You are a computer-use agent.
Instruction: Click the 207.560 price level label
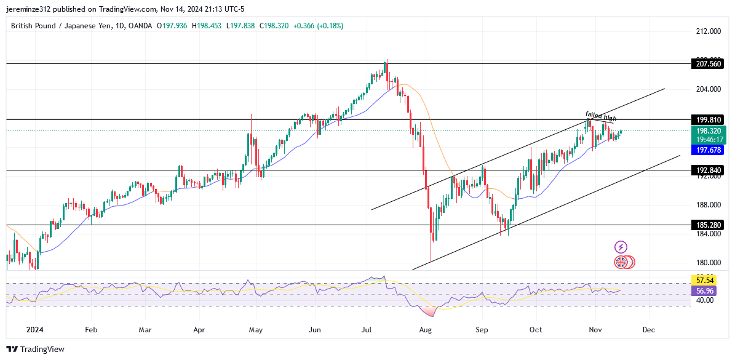pos(705,63)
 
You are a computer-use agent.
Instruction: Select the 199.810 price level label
pos(705,119)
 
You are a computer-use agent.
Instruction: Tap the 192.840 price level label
pos(705,170)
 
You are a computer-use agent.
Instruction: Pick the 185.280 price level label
pos(705,225)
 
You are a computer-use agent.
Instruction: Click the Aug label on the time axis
pos(426,330)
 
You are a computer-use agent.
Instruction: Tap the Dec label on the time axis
pos(648,330)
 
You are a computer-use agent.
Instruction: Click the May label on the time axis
pos(256,330)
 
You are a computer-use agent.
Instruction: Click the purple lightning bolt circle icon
pos(621,247)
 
